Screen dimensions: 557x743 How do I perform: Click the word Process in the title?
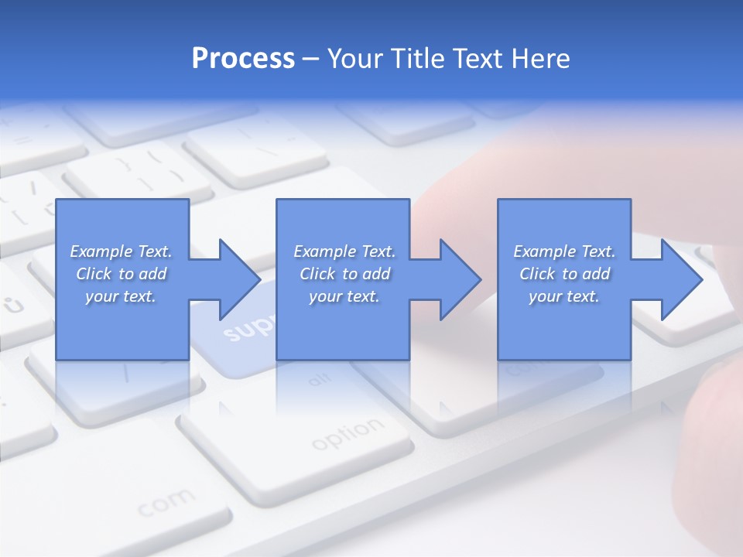[243, 59]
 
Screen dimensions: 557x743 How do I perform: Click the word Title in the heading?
[416, 59]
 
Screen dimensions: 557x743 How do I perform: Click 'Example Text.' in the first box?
[121, 251]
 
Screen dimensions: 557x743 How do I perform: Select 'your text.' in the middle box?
[344, 296]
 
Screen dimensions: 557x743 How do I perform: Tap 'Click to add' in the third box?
[564, 274]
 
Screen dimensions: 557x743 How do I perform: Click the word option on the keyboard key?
[348, 434]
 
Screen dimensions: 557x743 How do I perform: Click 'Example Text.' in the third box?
[564, 251]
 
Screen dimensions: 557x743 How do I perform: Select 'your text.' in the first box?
[121, 296]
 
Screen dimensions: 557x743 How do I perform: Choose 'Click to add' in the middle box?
[344, 274]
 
